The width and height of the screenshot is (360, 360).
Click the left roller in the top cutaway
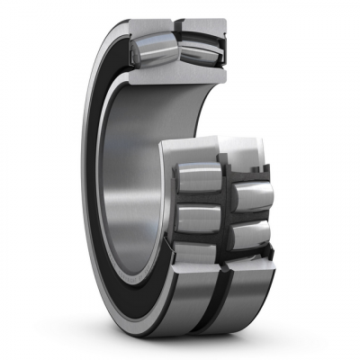[149, 48]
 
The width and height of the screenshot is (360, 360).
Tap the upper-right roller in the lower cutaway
[250, 193]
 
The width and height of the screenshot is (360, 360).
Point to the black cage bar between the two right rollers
[249, 216]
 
